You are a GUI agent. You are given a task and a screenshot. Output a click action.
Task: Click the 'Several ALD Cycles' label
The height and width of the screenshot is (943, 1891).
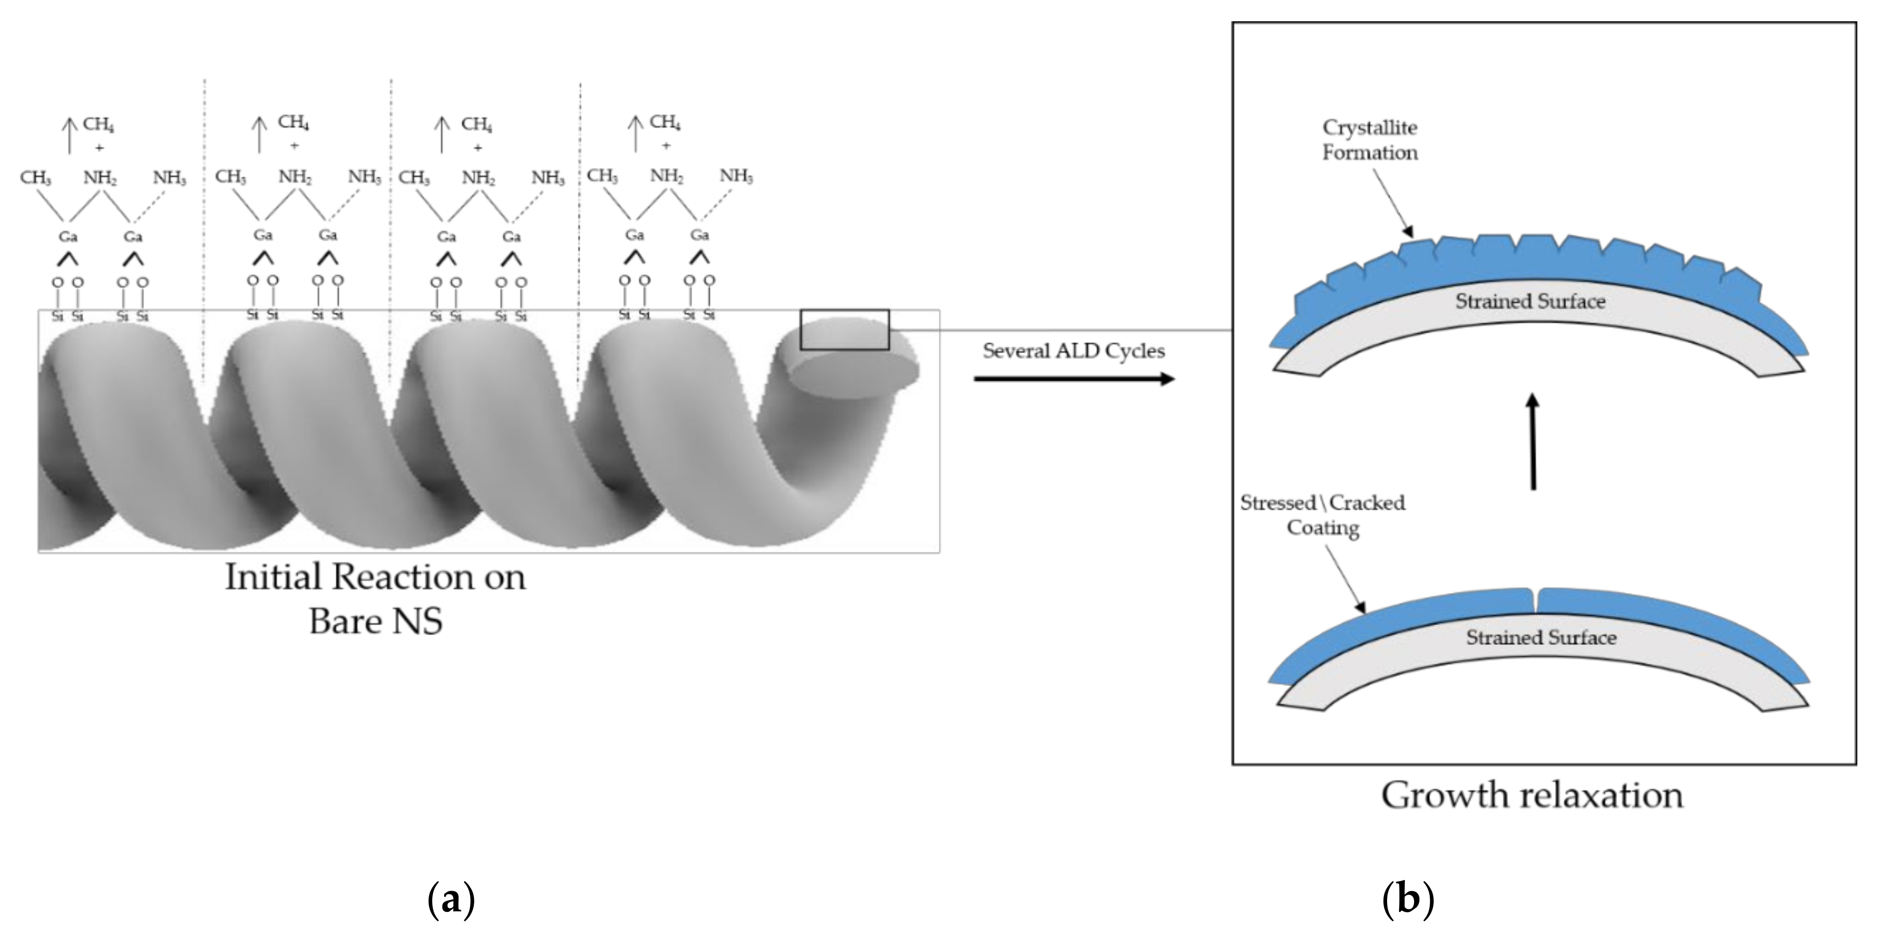pyautogui.click(x=1073, y=352)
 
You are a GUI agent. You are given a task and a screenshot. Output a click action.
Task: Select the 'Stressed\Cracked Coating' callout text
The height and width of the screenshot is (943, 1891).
pyautogui.click(x=1323, y=515)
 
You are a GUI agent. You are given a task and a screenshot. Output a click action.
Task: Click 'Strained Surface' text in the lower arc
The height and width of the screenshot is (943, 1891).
pyautogui.click(x=1541, y=638)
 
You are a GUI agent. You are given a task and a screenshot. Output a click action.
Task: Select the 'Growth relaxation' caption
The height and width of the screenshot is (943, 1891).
pyautogui.click(x=1532, y=796)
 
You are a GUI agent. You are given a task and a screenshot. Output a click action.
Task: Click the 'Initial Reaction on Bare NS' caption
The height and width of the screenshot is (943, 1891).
pyautogui.click(x=375, y=598)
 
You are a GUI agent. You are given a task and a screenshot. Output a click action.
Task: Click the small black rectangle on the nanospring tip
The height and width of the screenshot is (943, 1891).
pyautogui.click(x=844, y=330)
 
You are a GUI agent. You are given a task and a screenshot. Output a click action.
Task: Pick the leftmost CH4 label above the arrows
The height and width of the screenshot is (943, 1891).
pyautogui.click(x=98, y=124)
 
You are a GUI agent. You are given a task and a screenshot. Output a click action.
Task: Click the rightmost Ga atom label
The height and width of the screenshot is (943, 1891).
pyautogui.click(x=700, y=235)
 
